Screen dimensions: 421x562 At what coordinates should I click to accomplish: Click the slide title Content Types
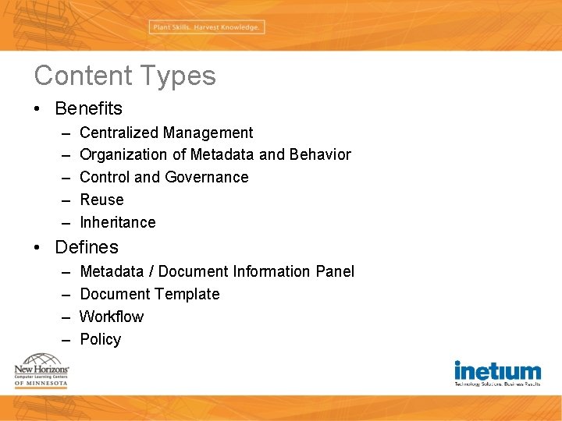click(x=125, y=76)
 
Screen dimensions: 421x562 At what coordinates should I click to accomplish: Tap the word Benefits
click(x=88, y=108)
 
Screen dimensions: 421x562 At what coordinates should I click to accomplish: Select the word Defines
click(x=87, y=247)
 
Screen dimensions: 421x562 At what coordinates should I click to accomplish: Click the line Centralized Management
click(x=166, y=133)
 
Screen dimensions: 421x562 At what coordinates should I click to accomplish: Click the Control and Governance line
click(x=164, y=177)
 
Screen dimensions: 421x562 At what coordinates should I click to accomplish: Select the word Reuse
click(x=101, y=200)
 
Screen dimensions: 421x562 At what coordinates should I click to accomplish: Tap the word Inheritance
click(x=118, y=222)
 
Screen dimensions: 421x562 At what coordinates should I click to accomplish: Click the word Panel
click(x=335, y=271)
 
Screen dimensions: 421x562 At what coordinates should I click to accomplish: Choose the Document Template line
click(x=150, y=294)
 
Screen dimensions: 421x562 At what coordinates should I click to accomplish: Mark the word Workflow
click(x=112, y=317)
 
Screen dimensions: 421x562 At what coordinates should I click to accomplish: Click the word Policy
click(x=101, y=339)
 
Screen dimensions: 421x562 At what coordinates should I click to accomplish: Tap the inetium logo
click(x=497, y=373)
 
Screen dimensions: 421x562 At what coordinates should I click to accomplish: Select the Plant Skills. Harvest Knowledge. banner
click(x=206, y=27)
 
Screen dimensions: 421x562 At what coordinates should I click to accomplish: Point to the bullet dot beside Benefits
click(x=38, y=109)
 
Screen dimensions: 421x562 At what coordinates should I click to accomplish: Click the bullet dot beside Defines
click(x=38, y=248)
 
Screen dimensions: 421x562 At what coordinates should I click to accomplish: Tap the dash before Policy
click(x=63, y=340)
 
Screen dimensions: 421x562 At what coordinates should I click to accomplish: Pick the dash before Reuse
click(x=63, y=200)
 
